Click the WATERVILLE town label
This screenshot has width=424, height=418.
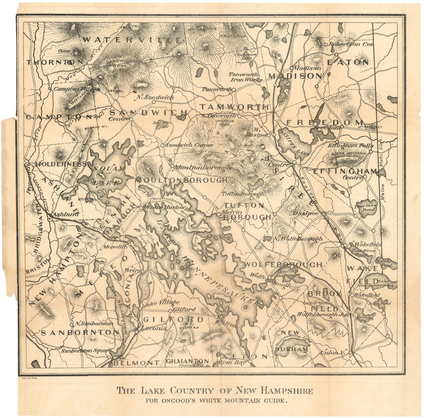click(x=132, y=40)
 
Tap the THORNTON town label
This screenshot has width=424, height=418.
click(x=55, y=62)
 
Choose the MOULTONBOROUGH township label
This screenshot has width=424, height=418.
click(x=181, y=180)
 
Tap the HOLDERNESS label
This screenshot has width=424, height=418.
click(x=61, y=164)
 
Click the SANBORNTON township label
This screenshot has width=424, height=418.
click(x=80, y=332)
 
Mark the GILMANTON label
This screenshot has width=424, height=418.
click(x=187, y=361)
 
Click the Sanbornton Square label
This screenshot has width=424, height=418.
click(x=82, y=350)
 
